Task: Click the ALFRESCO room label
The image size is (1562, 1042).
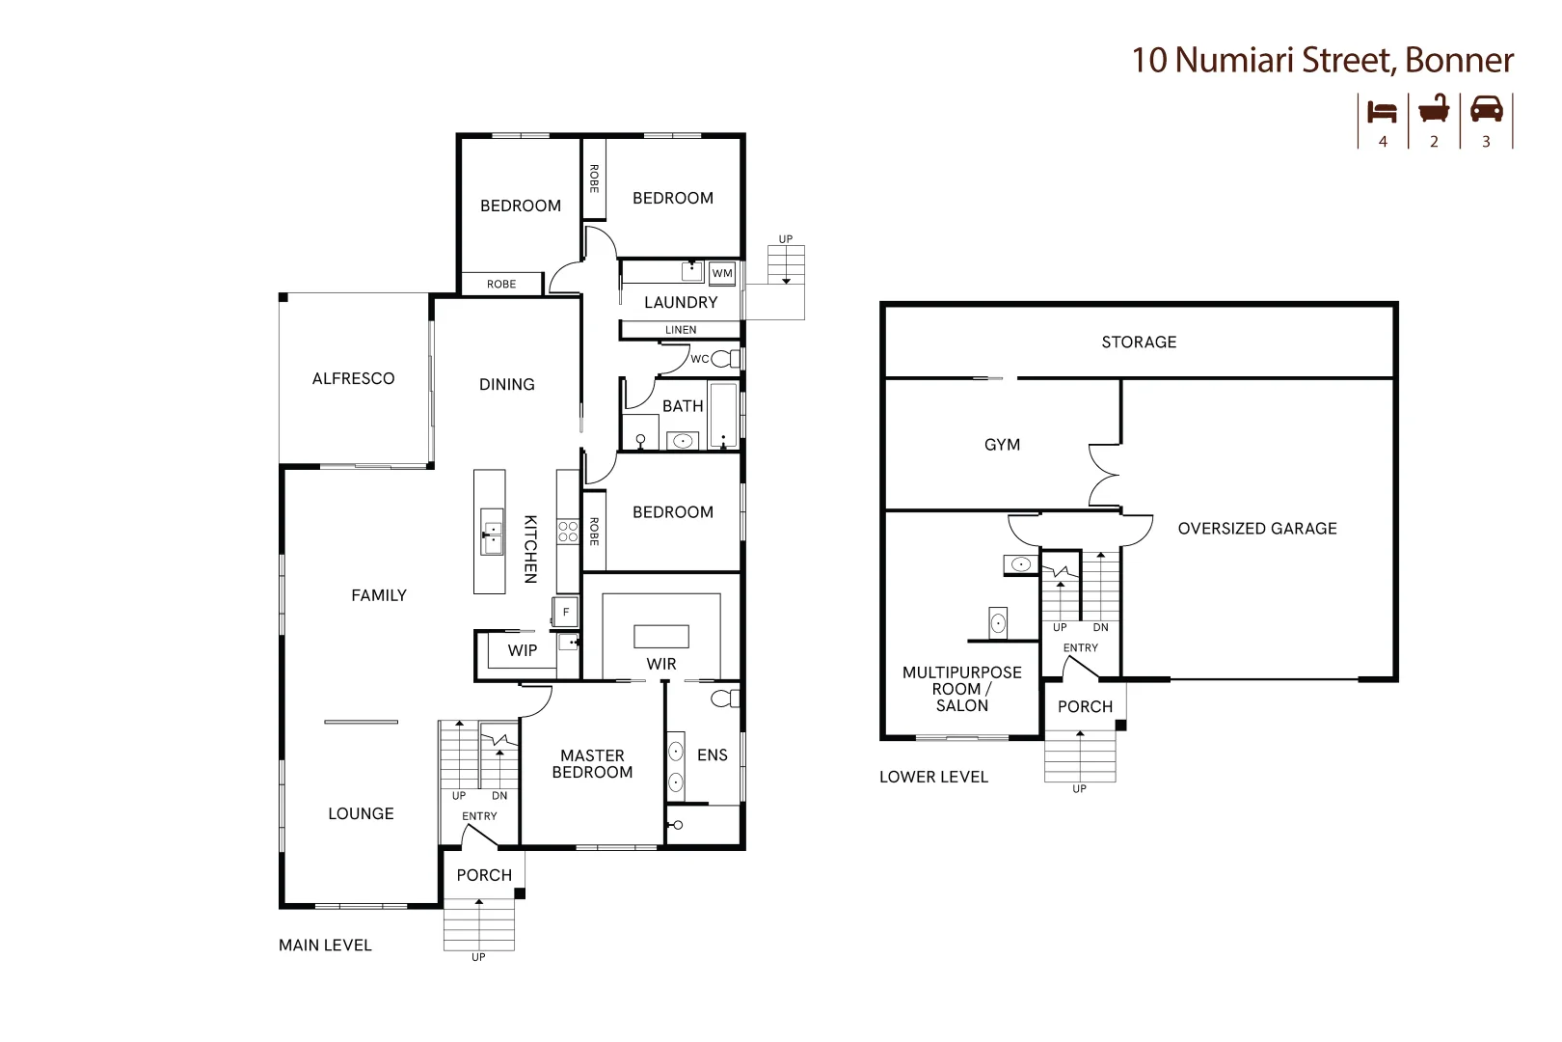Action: click(353, 379)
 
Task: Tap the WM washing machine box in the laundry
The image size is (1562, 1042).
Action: click(722, 274)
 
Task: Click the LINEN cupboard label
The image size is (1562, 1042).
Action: click(681, 330)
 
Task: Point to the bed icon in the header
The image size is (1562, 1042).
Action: click(1382, 111)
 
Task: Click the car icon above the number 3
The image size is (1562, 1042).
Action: click(1486, 109)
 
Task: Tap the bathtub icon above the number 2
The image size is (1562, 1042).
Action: click(1434, 109)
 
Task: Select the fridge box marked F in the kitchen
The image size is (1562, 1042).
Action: click(566, 612)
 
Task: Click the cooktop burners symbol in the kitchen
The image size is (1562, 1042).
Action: click(568, 533)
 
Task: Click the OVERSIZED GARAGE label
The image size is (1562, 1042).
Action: click(1256, 529)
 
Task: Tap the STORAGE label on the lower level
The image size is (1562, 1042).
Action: click(1139, 343)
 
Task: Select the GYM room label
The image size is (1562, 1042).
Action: click(1002, 445)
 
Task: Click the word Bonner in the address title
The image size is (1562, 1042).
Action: click(1459, 60)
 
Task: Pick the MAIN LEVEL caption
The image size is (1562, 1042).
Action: click(325, 946)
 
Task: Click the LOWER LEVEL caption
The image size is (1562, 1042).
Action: click(933, 778)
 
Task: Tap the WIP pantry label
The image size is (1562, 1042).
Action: click(523, 651)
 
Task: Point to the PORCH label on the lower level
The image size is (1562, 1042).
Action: click(1085, 707)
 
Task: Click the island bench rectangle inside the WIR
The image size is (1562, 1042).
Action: click(661, 636)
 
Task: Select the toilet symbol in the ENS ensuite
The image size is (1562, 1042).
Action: click(721, 698)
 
